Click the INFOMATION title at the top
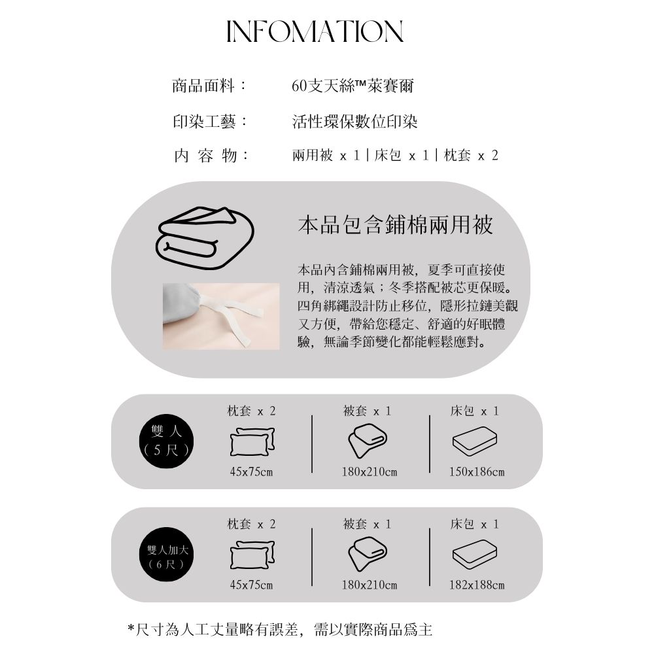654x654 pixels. (315, 31)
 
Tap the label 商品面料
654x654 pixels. (203, 86)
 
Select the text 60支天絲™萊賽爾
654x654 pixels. (353, 86)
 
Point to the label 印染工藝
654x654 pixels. (204, 122)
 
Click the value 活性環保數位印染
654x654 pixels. (354, 122)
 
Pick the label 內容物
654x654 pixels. (205, 156)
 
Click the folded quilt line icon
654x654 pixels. (205, 238)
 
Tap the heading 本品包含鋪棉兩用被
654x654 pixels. (396, 224)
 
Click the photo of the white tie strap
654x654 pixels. (221, 317)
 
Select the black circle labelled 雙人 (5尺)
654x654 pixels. (166, 441)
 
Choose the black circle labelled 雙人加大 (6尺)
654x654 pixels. (166, 555)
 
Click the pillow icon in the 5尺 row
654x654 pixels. (252, 441)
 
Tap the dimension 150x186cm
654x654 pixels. (477, 472)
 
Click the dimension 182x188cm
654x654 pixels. (477, 585)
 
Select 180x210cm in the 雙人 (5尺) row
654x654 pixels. (369, 472)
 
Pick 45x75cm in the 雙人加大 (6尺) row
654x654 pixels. (251, 585)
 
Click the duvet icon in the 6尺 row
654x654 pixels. (368, 555)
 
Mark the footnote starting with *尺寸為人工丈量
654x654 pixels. (280, 629)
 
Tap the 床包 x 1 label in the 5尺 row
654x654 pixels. (475, 411)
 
